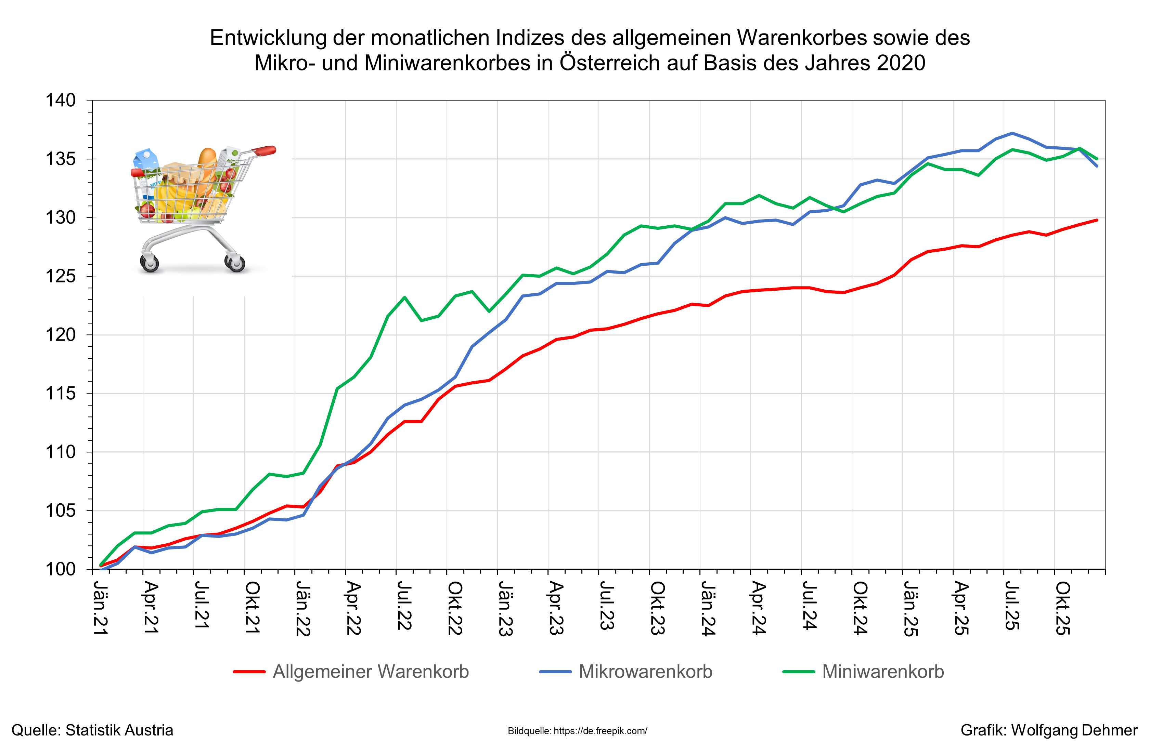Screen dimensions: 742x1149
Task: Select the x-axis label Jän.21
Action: click(x=100, y=608)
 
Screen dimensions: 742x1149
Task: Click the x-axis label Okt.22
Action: click(x=455, y=608)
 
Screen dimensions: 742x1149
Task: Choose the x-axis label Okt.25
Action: click(x=1062, y=608)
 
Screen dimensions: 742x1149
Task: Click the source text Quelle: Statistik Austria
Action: click(x=92, y=730)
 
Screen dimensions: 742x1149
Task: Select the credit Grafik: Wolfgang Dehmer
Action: click(x=1049, y=730)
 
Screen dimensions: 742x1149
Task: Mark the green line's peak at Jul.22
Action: click(x=404, y=297)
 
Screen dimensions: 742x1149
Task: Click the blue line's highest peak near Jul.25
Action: click(x=1012, y=133)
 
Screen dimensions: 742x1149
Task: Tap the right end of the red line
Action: click(x=1097, y=220)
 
